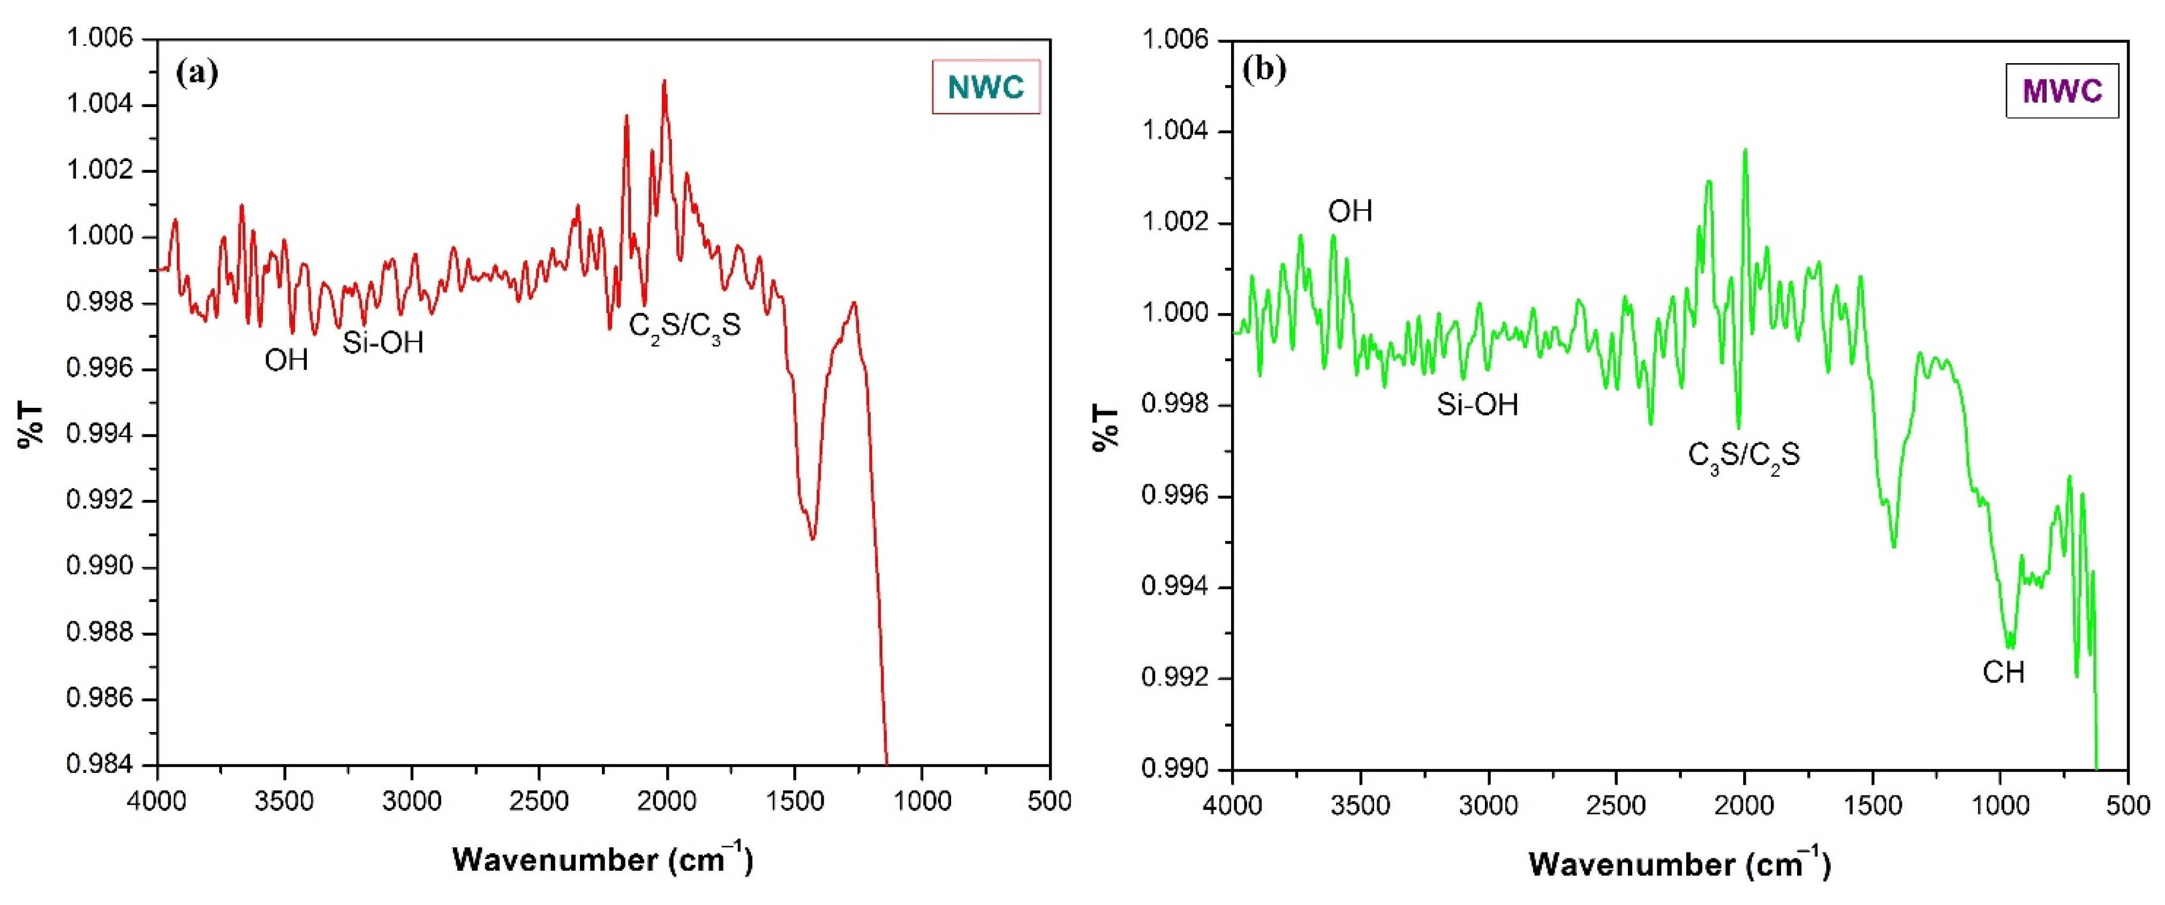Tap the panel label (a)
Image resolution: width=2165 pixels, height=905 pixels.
pos(197,73)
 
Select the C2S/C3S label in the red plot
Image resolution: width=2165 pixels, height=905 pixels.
pos(684,326)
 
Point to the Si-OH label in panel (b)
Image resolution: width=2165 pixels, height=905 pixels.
pos(1477,406)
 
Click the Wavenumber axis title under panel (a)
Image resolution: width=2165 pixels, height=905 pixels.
pos(602,859)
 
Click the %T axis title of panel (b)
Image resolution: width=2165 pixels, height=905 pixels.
pos(1106,428)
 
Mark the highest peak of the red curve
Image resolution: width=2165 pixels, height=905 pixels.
pos(664,81)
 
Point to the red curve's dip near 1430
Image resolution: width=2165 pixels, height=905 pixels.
pos(812,538)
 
